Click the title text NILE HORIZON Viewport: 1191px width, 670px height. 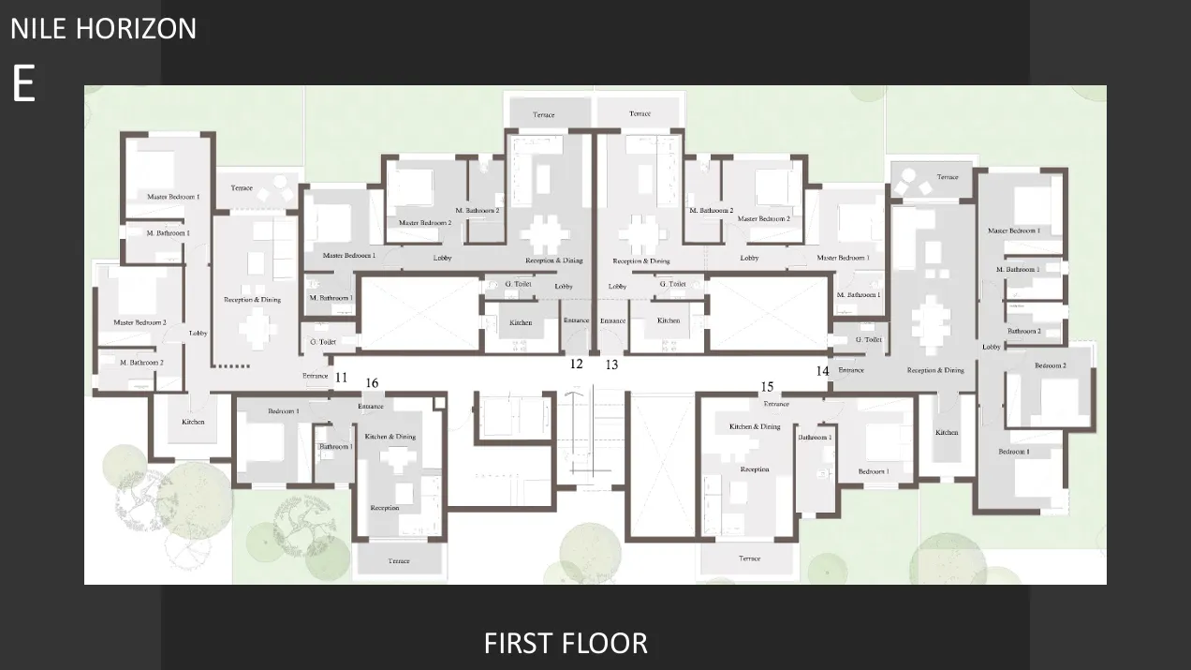[x=103, y=28]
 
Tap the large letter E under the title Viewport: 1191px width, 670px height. [x=23, y=84]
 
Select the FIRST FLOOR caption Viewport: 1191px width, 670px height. [x=566, y=643]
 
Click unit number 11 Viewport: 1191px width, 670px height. [x=341, y=378]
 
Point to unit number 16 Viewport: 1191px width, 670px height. [x=372, y=383]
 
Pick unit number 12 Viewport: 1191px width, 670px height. [x=577, y=364]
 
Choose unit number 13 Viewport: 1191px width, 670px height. [x=611, y=365]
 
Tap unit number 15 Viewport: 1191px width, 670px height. [x=767, y=387]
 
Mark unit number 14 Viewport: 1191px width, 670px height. [x=822, y=371]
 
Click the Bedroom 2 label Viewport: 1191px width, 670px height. [x=1050, y=365]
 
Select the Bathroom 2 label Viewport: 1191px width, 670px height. [x=1022, y=331]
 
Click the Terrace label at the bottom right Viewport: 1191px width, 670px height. [x=749, y=558]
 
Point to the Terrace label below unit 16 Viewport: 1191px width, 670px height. [x=399, y=561]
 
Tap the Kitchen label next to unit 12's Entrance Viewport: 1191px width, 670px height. [x=521, y=322]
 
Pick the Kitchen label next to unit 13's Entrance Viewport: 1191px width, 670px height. [x=669, y=320]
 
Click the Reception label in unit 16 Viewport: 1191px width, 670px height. [x=385, y=508]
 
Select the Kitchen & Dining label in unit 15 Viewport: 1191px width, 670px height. [x=755, y=426]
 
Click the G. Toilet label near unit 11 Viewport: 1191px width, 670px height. [x=323, y=342]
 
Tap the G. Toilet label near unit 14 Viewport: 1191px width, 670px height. [x=869, y=339]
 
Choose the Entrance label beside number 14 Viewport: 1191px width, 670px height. [x=851, y=370]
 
